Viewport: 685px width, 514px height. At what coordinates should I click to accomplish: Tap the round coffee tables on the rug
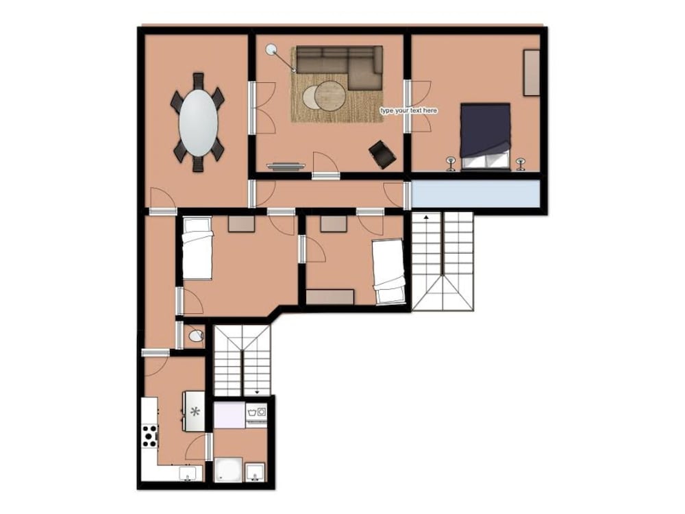(x=324, y=95)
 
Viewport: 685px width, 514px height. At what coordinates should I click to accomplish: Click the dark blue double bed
(x=486, y=136)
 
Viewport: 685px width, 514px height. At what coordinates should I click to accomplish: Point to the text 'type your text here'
(x=408, y=110)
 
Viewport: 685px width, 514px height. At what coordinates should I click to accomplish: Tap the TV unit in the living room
(x=286, y=166)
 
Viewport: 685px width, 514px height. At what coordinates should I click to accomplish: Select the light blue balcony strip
(x=476, y=194)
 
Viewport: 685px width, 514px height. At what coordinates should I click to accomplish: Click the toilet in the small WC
(x=196, y=336)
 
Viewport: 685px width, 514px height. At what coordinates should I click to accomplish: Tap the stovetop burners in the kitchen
(x=149, y=436)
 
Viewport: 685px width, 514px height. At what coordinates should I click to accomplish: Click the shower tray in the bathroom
(x=229, y=470)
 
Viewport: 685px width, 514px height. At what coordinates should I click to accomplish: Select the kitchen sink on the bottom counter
(x=190, y=474)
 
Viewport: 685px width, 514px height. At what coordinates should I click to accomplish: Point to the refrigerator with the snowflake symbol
(x=195, y=411)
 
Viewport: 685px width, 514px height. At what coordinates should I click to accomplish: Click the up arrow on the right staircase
(x=426, y=217)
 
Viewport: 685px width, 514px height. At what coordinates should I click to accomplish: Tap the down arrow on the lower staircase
(x=257, y=392)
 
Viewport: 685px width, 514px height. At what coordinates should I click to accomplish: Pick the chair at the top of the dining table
(x=199, y=81)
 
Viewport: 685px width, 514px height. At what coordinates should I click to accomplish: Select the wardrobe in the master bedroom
(x=532, y=73)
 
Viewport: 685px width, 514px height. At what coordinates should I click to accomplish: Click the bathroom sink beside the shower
(x=254, y=472)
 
